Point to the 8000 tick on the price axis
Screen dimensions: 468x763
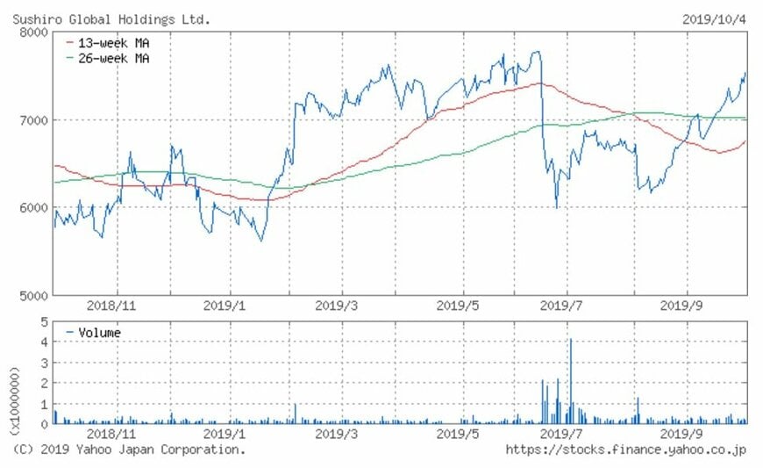click(x=33, y=32)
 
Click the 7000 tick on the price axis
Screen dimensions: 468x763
click(x=33, y=119)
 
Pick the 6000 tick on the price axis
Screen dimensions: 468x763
click(x=33, y=207)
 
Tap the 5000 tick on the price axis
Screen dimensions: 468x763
click(x=33, y=295)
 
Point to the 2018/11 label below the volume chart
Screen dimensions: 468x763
click(x=111, y=433)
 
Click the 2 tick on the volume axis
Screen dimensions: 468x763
click(x=43, y=383)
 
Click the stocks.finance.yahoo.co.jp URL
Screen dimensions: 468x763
click(x=626, y=450)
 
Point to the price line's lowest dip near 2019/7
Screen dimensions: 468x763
click(x=556, y=207)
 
